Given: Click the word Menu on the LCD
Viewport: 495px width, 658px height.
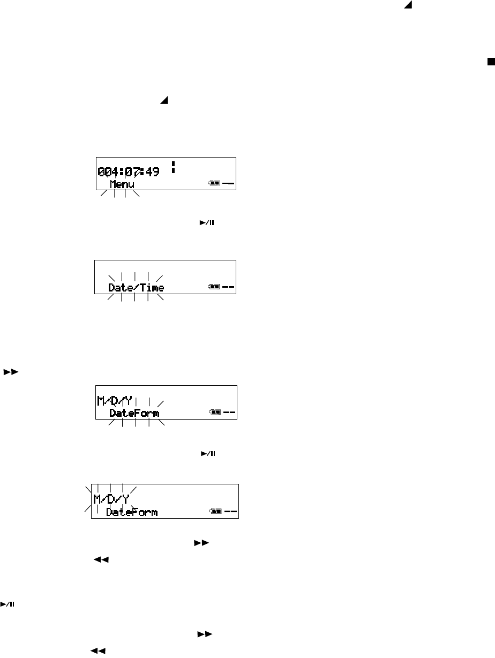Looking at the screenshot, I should click(x=122, y=185).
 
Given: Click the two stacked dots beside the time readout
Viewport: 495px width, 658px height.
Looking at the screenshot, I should click(x=174, y=167).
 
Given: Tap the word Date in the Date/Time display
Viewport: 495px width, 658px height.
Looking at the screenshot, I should click(x=120, y=288).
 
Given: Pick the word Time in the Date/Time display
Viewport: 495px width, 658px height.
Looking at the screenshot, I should click(x=153, y=288).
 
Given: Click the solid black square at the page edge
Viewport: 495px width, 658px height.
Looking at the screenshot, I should click(x=490, y=62).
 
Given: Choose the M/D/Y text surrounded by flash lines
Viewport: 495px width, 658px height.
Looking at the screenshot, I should click(x=111, y=499).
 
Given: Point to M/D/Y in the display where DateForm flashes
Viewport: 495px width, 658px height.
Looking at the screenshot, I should click(x=114, y=400).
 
